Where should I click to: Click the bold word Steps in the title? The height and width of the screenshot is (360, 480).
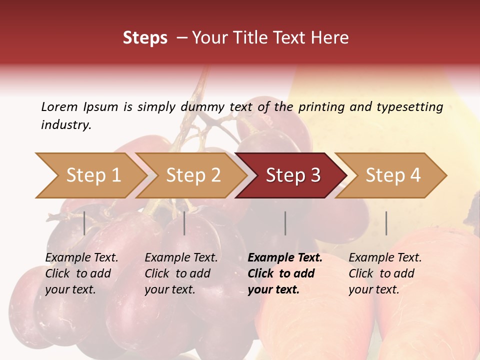pyautogui.click(x=145, y=38)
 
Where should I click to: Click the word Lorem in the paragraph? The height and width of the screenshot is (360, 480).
pyautogui.click(x=59, y=106)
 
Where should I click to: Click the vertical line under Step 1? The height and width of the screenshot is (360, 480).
pyautogui.click(x=84, y=223)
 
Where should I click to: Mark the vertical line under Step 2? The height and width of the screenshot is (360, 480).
pyautogui.click(x=184, y=223)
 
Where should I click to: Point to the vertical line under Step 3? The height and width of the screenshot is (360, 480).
pyautogui.click(x=285, y=223)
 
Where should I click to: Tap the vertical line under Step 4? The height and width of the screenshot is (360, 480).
pyautogui.click(x=386, y=223)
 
